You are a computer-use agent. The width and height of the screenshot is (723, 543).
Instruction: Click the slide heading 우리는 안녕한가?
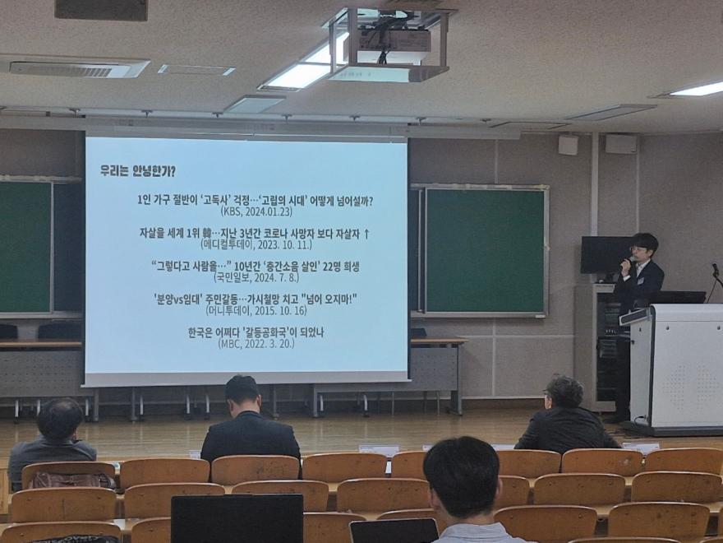pos(138,171)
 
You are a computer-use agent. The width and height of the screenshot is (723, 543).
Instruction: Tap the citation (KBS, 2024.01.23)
pos(256,212)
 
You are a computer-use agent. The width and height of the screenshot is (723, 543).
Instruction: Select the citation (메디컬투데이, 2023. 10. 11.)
pos(256,244)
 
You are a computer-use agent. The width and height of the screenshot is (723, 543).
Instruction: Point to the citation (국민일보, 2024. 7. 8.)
pos(256,277)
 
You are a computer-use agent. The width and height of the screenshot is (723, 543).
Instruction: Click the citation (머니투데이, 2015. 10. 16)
pos(256,310)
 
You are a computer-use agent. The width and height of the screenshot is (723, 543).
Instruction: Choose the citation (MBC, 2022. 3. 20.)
pos(256,344)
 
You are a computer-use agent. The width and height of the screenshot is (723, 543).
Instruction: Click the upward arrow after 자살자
pos(366,234)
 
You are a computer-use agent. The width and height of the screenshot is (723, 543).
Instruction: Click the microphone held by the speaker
pos(626,263)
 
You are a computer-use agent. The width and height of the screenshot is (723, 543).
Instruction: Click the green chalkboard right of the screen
pos(484,251)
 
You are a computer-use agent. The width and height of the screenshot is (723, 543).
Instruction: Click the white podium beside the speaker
pos(676,369)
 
